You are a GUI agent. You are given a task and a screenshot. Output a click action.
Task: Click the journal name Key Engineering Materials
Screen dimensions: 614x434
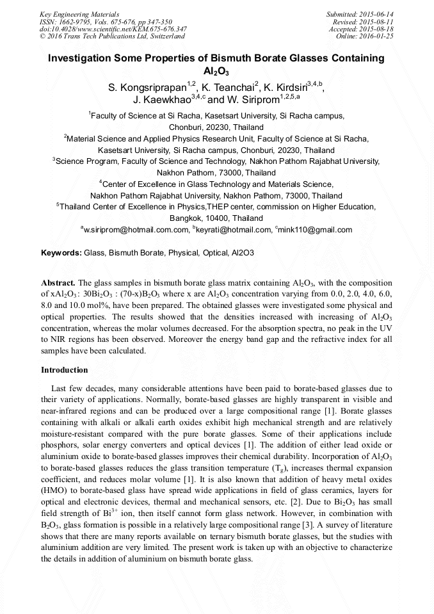point(79,13)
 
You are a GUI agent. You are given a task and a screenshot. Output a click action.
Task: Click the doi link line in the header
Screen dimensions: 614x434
point(113,29)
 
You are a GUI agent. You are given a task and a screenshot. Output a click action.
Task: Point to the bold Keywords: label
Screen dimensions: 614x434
point(61,253)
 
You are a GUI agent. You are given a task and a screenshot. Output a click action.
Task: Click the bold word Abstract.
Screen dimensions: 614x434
point(58,282)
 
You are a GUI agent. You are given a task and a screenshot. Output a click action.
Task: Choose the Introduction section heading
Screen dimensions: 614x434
point(64,370)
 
